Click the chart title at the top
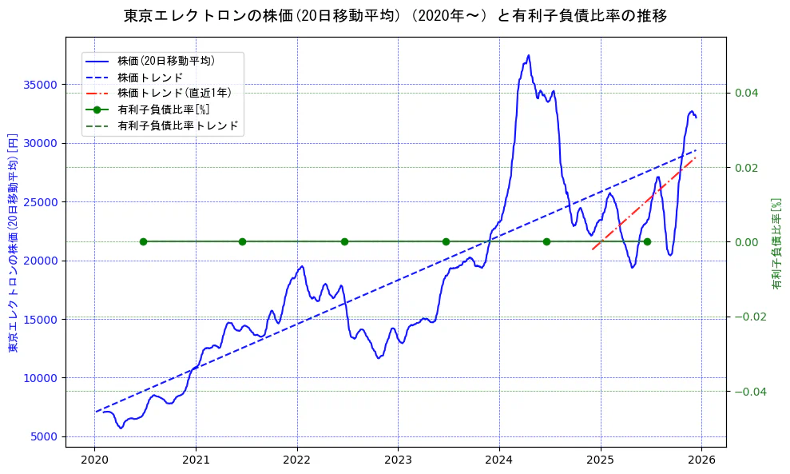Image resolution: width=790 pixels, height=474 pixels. [395, 15]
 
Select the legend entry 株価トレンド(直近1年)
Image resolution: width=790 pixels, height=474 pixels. [173, 93]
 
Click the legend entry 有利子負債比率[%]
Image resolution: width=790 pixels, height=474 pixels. [163, 110]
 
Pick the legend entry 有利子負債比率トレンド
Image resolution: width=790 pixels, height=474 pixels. [177, 126]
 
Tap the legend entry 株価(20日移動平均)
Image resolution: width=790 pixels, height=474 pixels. [165, 60]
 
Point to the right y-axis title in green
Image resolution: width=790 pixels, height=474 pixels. [776, 244]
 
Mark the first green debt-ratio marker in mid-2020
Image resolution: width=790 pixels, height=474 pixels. [143, 241]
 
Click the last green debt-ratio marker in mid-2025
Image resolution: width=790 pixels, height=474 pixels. [647, 241]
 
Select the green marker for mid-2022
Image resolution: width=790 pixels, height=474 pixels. [344, 241]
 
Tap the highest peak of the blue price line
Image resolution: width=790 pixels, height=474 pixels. [528, 56]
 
